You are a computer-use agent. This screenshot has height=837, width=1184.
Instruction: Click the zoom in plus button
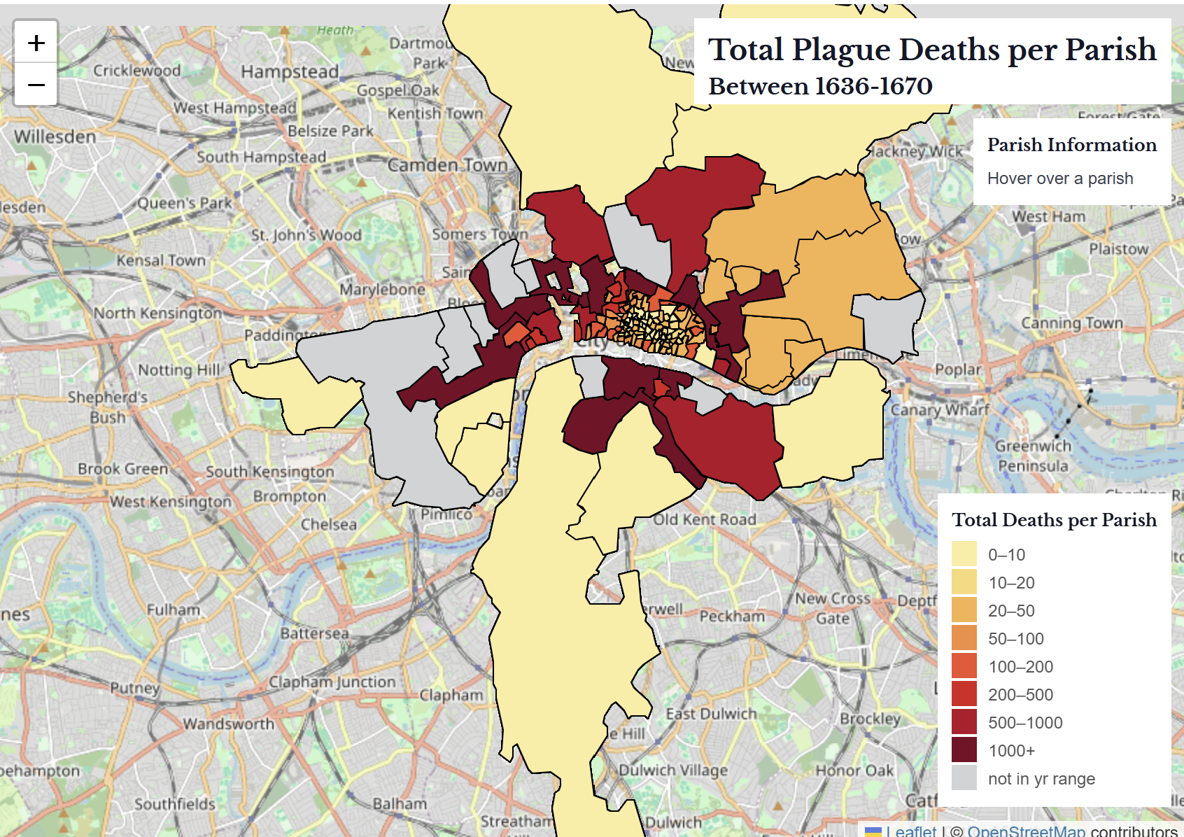[x=36, y=43]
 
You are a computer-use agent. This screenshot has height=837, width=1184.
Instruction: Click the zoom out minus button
[x=36, y=85]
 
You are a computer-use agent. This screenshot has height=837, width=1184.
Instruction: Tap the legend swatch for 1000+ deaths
[x=964, y=750]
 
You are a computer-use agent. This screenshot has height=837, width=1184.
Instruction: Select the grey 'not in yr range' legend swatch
[x=964, y=778]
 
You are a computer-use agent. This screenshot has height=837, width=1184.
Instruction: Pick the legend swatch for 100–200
[x=964, y=666]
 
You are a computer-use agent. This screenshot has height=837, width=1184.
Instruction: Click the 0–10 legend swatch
[x=964, y=554]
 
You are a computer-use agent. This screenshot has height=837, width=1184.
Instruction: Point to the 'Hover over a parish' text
[x=1059, y=178]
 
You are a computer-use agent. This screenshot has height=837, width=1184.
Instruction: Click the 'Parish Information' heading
[x=1071, y=145]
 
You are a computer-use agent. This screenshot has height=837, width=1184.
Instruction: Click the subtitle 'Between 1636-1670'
[x=820, y=86]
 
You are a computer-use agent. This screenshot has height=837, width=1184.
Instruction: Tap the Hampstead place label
[x=289, y=72]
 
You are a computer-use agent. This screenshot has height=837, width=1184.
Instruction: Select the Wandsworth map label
[x=228, y=724]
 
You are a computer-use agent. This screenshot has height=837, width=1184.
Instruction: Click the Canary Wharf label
[x=939, y=409]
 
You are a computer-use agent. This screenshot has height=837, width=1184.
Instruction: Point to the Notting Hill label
[x=178, y=370]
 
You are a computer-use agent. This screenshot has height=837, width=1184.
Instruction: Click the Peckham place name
[x=732, y=617]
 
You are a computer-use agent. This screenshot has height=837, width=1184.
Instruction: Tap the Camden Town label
[x=447, y=165]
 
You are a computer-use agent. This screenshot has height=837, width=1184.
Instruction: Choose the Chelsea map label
[x=328, y=524]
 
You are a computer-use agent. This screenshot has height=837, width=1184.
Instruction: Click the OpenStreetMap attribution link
[x=1026, y=831]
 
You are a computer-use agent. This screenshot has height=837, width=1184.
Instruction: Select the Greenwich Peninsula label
[x=1033, y=456]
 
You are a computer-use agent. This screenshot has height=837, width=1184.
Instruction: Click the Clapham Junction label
[x=332, y=682]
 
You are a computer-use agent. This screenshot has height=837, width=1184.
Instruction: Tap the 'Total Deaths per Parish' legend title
[x=1054, y=520]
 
